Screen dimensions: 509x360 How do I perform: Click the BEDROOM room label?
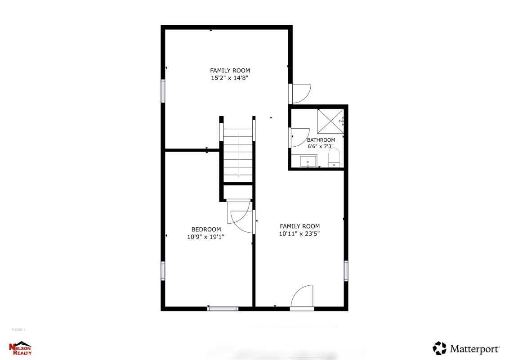206,229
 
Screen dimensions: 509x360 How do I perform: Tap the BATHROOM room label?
321,140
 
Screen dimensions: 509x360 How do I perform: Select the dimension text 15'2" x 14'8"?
230,78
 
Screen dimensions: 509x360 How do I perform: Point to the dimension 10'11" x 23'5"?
299,234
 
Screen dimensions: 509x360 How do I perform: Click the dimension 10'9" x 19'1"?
205,237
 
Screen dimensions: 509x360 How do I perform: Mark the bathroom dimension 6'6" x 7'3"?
321,146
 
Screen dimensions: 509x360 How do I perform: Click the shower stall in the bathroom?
330,121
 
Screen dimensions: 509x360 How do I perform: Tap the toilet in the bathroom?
334,157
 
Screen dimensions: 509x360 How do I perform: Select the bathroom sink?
308,162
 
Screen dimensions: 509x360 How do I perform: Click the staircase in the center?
238,155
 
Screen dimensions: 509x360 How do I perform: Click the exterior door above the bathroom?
300,94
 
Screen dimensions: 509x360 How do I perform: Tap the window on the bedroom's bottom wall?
223,309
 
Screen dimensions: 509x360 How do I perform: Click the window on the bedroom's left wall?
163,271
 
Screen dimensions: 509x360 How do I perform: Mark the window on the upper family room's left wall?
163,91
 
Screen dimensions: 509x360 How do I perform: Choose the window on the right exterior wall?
346,270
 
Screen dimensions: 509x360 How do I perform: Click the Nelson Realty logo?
21,348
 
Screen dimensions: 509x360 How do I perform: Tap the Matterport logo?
466,349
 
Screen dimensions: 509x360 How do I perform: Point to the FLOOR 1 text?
18,330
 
